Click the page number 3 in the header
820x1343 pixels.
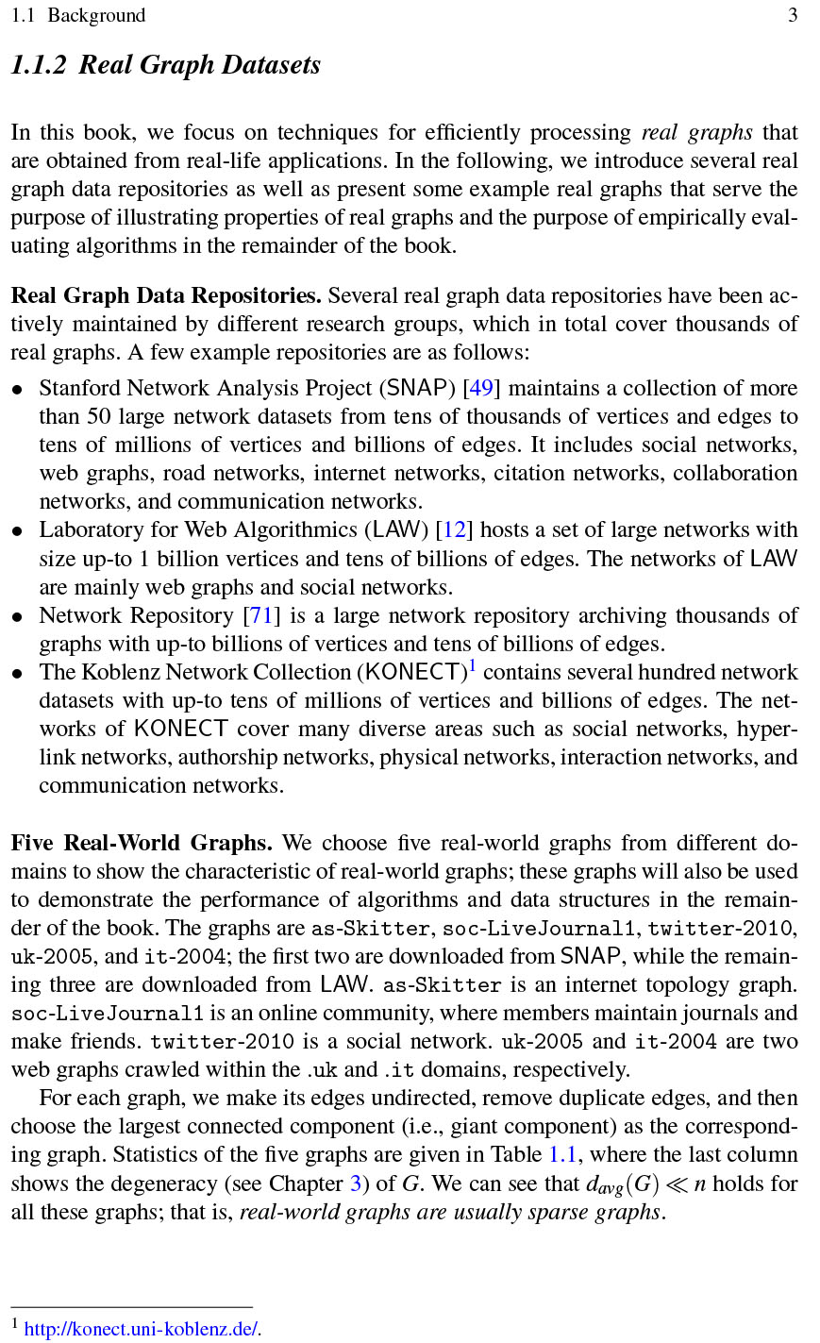click(794, 15)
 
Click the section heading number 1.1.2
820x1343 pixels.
click(39, 65)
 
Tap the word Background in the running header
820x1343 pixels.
click(96, 15)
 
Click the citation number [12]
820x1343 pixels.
click(454, 529)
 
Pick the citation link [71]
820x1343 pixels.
click(259, 615)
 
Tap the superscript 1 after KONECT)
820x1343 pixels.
click(472, 667)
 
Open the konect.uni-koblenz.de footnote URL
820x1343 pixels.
click(142, 1330)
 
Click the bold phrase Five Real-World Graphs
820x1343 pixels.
click(142, 843)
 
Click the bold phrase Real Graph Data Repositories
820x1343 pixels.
click(166, 295)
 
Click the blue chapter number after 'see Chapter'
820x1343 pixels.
click(356, 1184)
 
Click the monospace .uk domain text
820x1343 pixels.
click(322, 1070)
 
